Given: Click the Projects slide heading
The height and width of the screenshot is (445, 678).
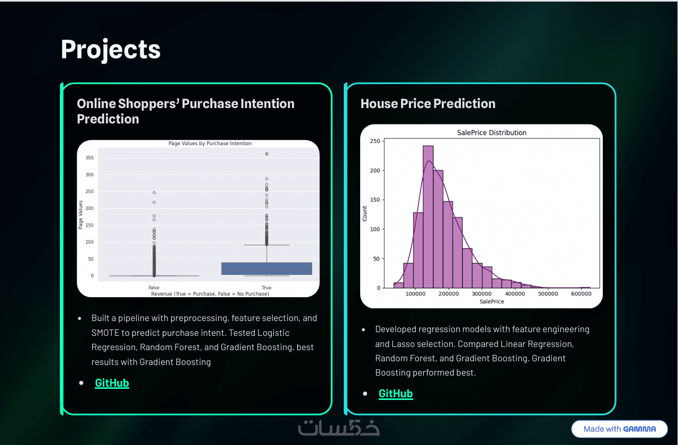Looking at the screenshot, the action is point(111,50).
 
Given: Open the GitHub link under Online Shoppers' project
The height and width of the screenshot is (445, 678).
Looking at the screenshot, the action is point(112,383).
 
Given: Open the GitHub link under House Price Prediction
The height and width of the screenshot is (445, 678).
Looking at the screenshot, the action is point(396,394).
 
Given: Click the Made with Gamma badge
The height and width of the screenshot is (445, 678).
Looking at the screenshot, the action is point(619,429).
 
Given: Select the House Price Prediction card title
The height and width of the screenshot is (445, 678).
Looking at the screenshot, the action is point(428,103).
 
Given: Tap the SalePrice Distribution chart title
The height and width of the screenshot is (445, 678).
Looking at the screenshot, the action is point(492,132).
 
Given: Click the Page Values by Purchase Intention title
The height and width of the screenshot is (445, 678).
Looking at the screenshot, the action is point(210,143).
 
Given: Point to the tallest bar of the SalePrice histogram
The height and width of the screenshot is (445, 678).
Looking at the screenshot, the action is point(428,217).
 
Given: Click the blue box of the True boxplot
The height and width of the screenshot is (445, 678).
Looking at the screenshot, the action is point(266,269).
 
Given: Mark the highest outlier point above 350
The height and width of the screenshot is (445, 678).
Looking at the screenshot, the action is point(266,154).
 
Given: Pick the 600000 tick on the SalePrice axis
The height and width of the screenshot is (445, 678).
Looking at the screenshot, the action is point(581,294).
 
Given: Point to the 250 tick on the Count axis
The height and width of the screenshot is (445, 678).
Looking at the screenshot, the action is point(375,141).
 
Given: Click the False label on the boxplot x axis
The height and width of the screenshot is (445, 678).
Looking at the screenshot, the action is point(154,287).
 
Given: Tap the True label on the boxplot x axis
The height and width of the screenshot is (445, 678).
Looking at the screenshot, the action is point(266,287).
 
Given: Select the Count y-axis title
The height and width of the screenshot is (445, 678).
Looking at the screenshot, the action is point(365,213).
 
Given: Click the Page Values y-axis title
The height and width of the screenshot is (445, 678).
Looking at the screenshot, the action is point(81,215).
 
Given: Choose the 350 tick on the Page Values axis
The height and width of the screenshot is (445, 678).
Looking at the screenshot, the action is point(90,158).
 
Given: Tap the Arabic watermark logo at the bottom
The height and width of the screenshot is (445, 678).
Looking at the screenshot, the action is point(338,428).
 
